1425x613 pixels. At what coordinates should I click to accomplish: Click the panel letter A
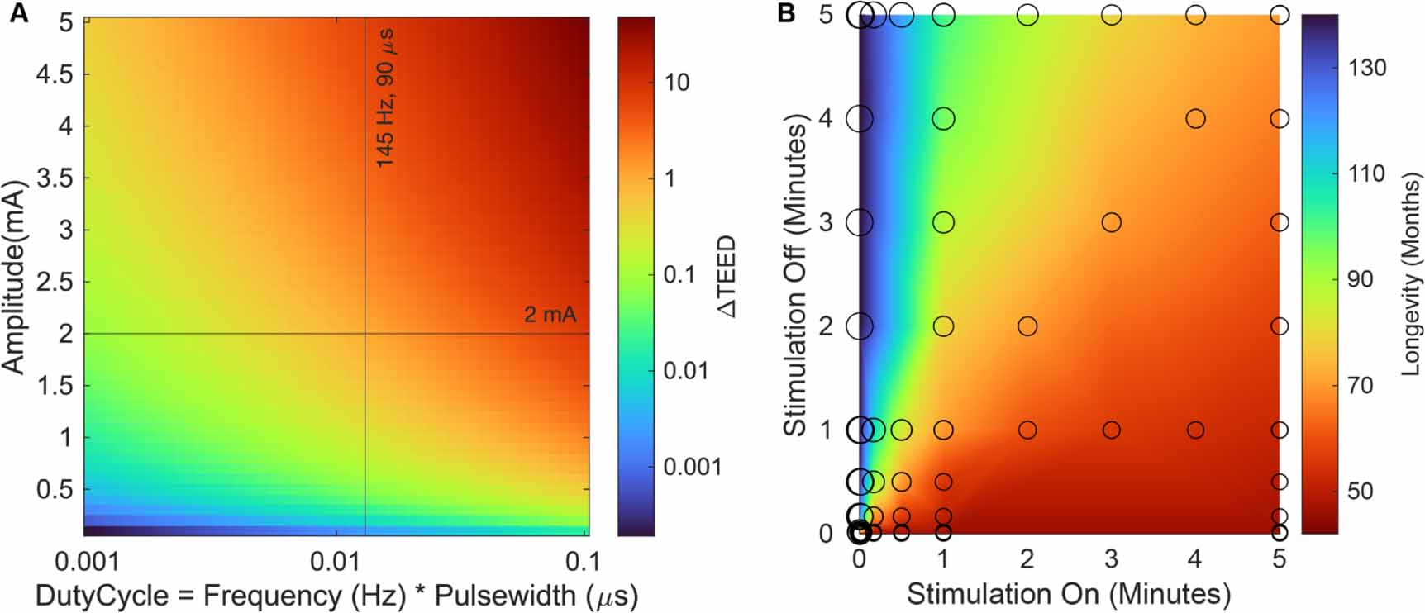coord(18,14)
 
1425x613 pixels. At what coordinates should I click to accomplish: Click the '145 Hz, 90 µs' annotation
coord(385,98)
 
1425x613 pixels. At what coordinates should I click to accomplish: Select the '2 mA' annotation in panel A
coord(550,315)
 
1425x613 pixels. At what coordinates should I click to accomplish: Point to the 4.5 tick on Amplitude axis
coord(55,74)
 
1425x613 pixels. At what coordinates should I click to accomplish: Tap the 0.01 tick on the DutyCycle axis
coord(335,562)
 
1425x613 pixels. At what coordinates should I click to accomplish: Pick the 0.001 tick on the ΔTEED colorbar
coord(693,467)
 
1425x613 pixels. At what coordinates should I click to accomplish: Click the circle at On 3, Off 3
coord(1111,222)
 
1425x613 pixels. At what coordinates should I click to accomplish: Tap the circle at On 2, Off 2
coord(1027,326)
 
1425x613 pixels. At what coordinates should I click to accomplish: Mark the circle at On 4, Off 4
coord(1195,119)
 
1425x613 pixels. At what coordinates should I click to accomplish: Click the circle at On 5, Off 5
coord(1280,15)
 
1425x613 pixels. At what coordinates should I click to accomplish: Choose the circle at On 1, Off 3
coord(943,222)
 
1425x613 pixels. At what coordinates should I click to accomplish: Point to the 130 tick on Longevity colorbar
coord(1366,68)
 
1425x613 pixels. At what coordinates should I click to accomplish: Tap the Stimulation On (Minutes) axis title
coord(1069,593)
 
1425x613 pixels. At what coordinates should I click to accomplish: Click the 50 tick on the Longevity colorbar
coord(1360,491)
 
